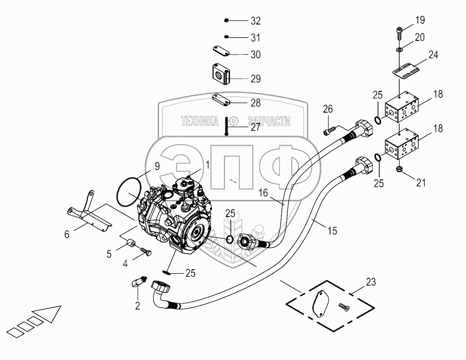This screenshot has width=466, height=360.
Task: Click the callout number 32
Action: pos(255,21)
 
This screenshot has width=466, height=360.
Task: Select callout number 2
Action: pos(137,305)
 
